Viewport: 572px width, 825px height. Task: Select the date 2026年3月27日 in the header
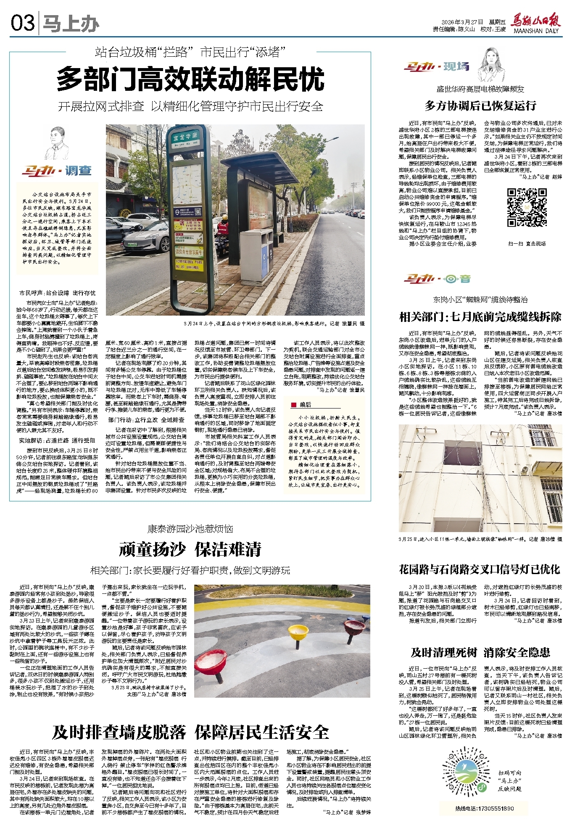click(462, 22)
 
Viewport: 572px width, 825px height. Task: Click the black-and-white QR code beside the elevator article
click(526, 208)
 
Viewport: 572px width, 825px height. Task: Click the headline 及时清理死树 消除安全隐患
click(480, 652)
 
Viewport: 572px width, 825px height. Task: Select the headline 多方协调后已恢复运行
click(480, 106)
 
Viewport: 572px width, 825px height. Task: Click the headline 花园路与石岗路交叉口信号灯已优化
click(480, 569)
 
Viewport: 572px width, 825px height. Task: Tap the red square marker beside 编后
click(294, 405)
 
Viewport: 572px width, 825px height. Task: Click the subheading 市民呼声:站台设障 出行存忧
click(57, 293)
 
